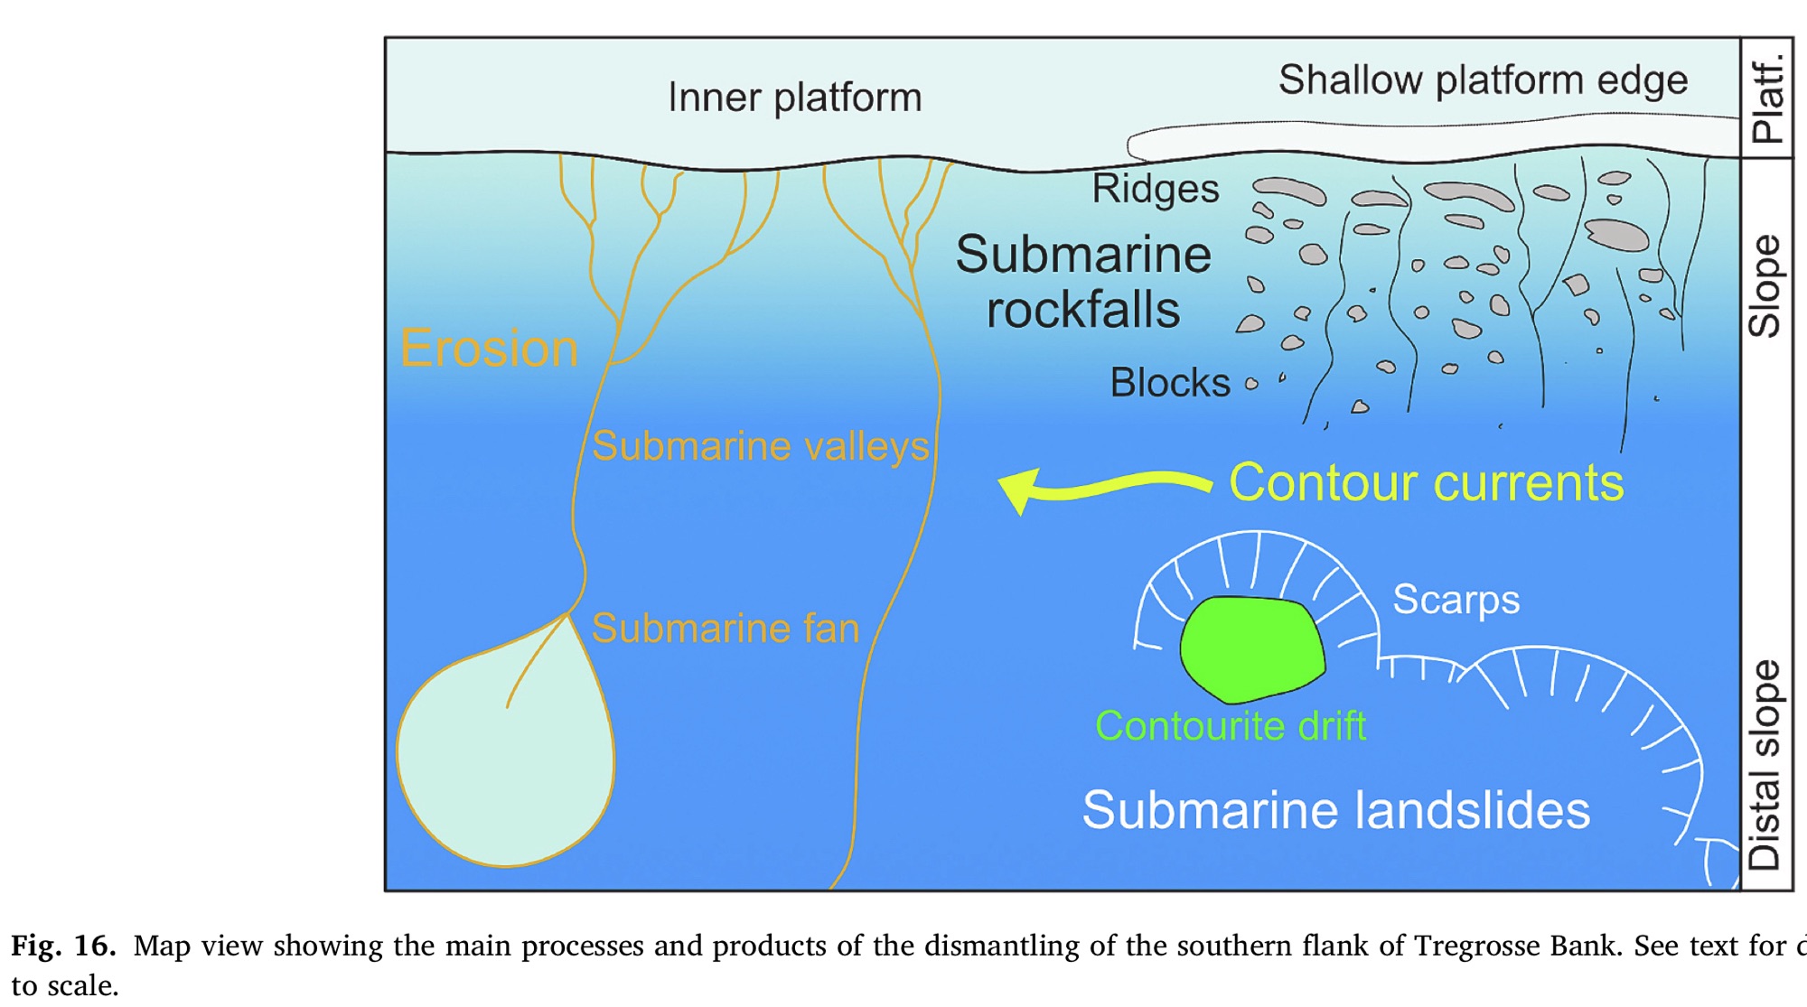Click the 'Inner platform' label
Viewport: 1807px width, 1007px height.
coord(794,98)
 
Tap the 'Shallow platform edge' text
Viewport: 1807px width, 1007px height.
coord(1483,80)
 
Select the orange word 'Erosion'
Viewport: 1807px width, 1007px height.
coord(489,349)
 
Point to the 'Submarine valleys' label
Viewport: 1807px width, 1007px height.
coord(760,446)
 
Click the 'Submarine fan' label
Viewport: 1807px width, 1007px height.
coord(725,629)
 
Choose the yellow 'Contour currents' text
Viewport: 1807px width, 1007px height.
coord(1426,482)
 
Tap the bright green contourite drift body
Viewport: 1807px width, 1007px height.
coord(1252,648)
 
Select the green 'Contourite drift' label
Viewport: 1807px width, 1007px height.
coord(1230,726)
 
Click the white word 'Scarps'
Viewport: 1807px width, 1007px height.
coord(1456,600)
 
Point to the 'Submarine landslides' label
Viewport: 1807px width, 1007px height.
coord(1335,810)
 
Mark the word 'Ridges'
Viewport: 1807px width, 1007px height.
coord(1155,189)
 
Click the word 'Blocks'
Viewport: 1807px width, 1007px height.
coord(1169,383)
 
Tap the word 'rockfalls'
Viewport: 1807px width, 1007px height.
coord(1082,311)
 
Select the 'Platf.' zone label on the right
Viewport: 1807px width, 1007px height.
coord(1766,98)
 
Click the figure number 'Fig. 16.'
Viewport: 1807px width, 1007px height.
coord(63,946)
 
